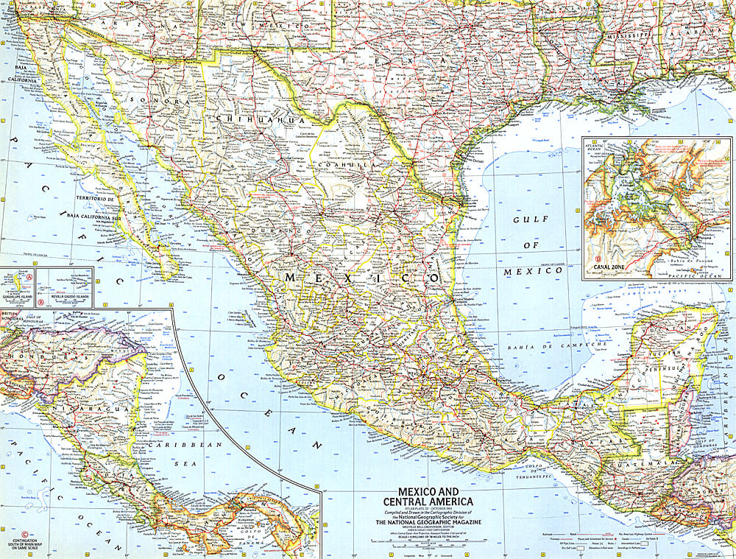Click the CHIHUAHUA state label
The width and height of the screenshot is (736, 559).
(250, 119)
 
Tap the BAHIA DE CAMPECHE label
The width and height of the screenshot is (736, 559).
(555, 344)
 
